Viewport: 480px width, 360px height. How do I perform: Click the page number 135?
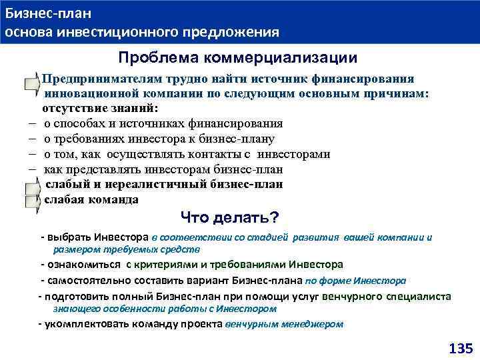pos(460,348)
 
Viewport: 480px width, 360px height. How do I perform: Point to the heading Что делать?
pos(229,218)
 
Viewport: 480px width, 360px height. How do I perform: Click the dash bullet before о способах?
pos(31,123)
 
